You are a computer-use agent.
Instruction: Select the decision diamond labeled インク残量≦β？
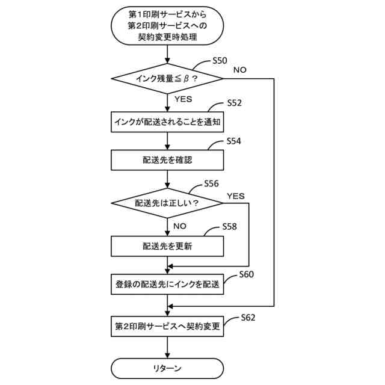[167, 79]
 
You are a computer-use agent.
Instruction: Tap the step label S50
[220, 61]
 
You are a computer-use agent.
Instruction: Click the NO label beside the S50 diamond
[239, 70]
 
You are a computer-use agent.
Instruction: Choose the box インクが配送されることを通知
[167, 122]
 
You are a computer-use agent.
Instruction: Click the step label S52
[234, 102]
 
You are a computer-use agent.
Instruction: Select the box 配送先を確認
[167, 161]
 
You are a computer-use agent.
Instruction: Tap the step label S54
[234, 141]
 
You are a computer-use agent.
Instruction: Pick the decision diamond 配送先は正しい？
[167, 203]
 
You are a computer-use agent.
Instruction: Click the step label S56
[211, 183]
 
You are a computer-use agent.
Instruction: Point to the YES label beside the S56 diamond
[236, 196]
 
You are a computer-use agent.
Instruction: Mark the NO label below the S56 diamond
[180, 226]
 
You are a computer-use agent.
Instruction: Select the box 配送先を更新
[167, 246]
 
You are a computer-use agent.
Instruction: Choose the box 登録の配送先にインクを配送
[167, 285]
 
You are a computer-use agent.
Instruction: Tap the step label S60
[247, 274]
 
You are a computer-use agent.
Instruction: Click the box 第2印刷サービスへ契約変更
[167, 328]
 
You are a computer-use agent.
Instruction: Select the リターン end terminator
[167, 368]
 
